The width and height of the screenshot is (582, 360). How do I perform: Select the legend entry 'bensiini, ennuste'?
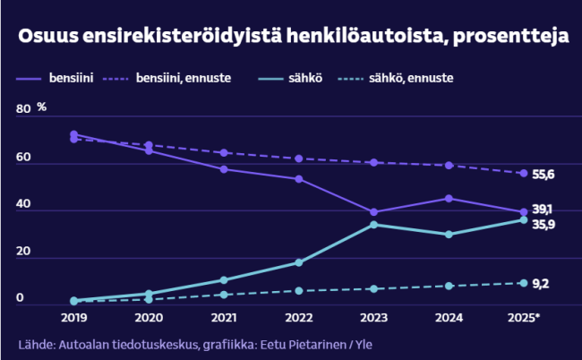point(184,79)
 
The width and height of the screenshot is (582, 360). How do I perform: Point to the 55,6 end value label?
point(543,174)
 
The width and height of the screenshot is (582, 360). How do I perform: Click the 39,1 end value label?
point(543,209)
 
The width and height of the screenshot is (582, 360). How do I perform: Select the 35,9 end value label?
point(543,225)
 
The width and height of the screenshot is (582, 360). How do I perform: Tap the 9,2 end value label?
point(541,284)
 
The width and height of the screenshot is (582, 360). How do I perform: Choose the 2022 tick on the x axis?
point(298,319)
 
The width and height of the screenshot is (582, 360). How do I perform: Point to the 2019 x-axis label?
point(73,319)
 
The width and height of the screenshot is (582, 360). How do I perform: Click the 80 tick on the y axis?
point(22,109)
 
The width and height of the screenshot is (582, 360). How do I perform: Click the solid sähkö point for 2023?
point(373,224)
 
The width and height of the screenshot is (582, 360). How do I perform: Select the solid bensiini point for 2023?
point(373,212)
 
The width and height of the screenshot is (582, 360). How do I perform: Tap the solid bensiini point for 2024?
point(449,198)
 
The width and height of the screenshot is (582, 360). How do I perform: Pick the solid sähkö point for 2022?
point(298,262)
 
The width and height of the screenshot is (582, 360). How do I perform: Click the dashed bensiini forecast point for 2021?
point(224,153)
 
